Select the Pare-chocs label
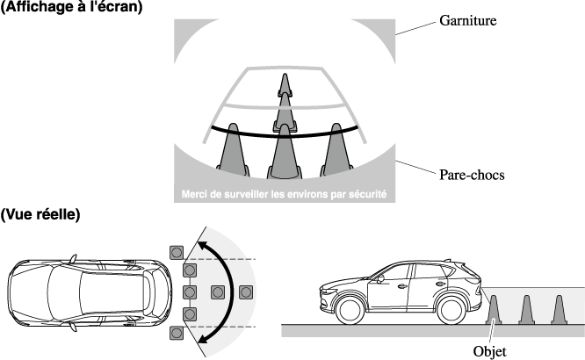pos(472,175)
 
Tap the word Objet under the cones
pos(489,349)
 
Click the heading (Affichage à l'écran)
pos(71,7)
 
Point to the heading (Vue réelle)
pos(41,214)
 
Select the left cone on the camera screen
pos(231,147)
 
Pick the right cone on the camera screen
pos(335,147)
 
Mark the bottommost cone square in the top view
pos(177,333)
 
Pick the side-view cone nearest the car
pos(494,310)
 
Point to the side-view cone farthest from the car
pos(559,310)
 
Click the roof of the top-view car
pos(83,291)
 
